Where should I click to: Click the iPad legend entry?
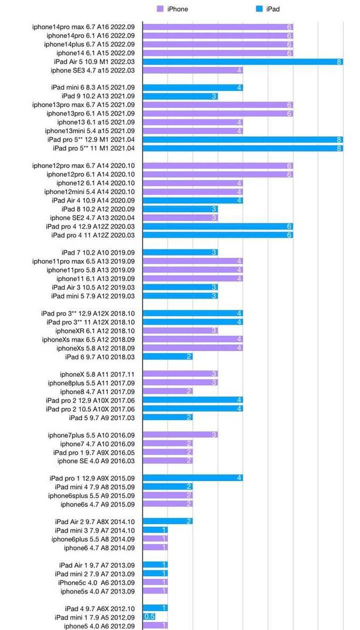(268, 9)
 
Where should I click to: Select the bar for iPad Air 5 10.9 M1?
(243, 62)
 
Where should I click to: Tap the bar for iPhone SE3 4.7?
(193, 71)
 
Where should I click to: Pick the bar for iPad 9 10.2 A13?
(180, 96)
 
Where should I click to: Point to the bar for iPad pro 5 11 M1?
(243, 148)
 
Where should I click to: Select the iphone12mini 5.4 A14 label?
(89, 192)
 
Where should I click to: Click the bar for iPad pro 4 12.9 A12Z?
(217, 226)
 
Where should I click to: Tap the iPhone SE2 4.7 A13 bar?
(180, 218)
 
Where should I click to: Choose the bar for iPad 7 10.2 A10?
(180, 253)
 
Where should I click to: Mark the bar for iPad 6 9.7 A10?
(167, 357)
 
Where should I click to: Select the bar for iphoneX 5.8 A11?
(180, 374)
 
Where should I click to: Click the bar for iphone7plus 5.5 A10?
(180, 435)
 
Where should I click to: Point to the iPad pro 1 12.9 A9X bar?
(193, 478)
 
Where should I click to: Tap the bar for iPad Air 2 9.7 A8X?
(167, 522)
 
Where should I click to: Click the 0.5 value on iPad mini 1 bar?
(149, 617)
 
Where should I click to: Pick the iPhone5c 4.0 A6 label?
(96, 583)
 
